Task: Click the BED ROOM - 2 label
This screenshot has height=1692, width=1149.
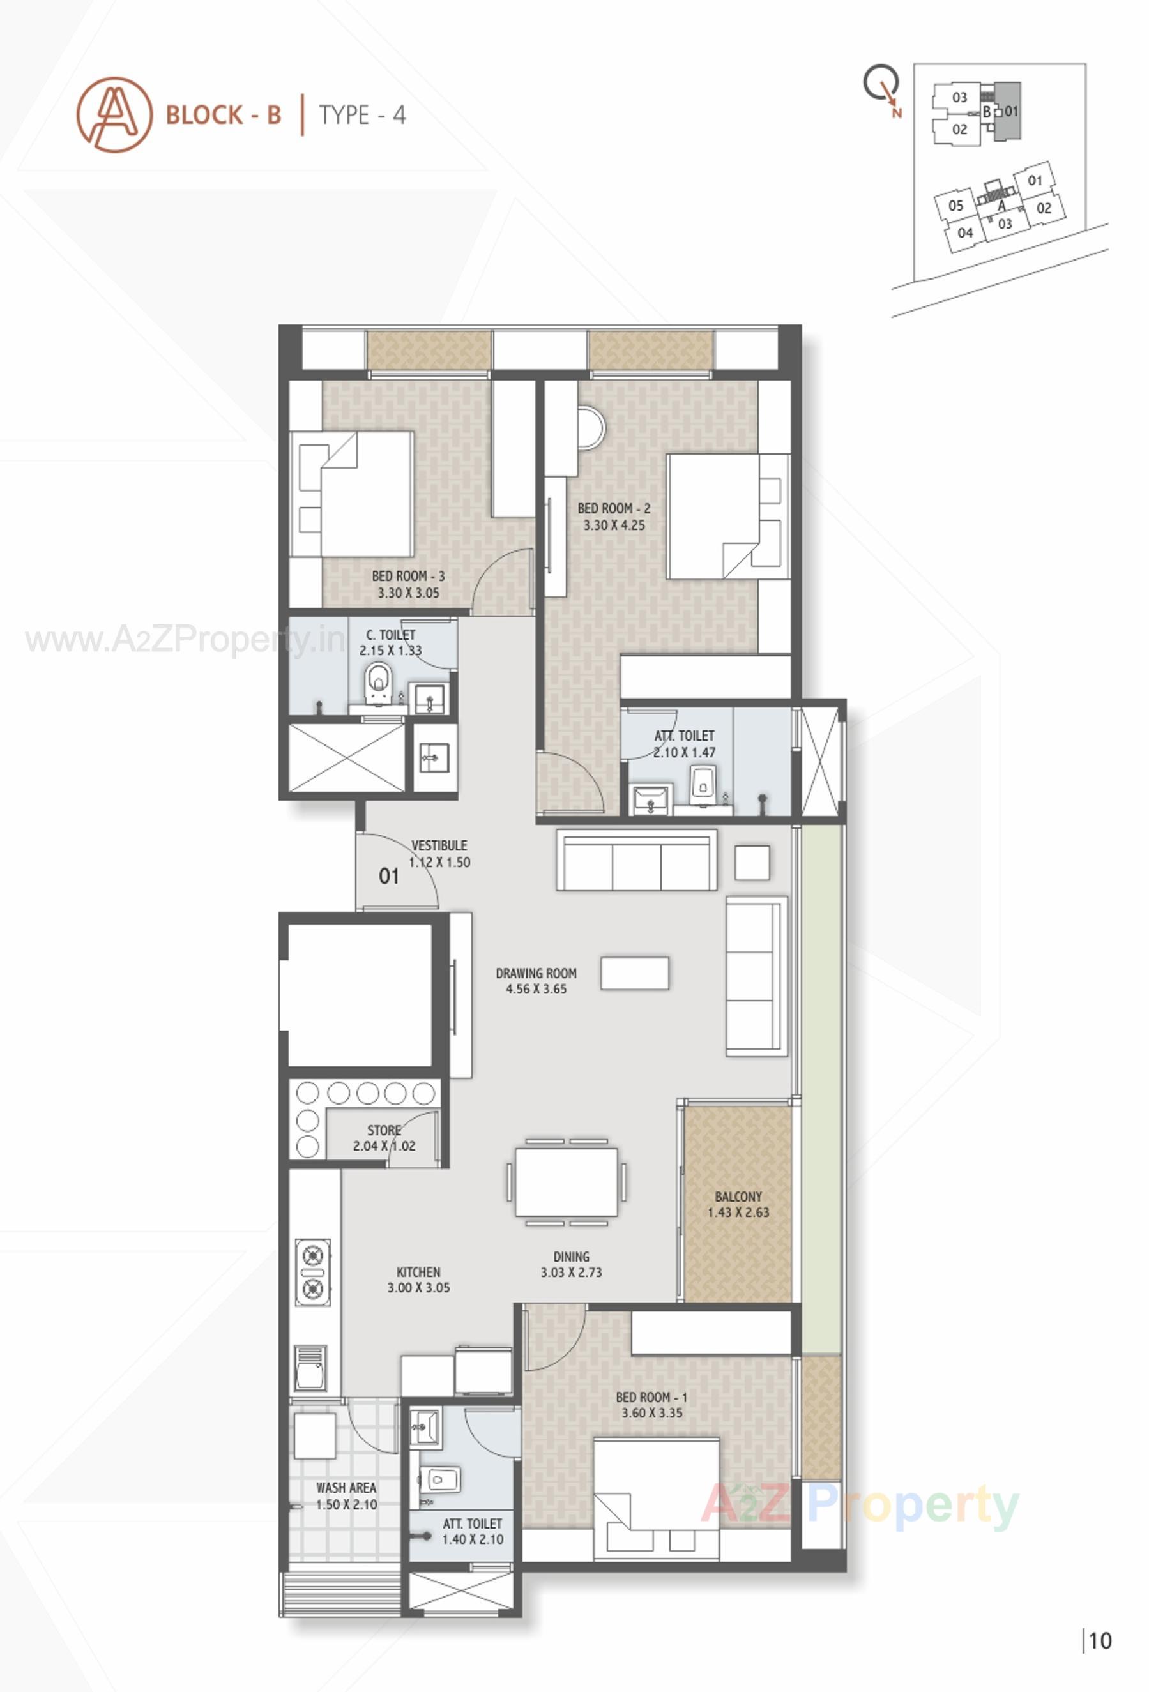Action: pyautogui.click(x=613, y=508)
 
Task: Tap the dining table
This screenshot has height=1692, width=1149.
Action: pyautogui.click(x=567, y=1182)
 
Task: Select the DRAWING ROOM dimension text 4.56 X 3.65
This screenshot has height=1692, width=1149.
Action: pyautogui.click(x=536, y=988)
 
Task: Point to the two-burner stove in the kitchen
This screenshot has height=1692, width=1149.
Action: pyautogui.click(x=313, y=1272)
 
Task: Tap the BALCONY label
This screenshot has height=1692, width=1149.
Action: pyautogui.click(x=738, y=1196)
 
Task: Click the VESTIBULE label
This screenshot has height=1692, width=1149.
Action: pyautogui.click(x=439, y=845)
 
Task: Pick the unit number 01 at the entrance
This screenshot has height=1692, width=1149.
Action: pyautogui.click(x=389, y=876)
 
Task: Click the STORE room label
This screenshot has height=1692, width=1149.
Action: pyautogui.click(x=384, y=1130)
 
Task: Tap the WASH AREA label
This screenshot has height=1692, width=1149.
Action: pyautogui.click(x=346, y=1488)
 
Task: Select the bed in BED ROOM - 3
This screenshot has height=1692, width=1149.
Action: pyautogui.click(x=353, y=494)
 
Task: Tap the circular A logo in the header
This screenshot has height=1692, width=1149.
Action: pyautogui.click(x=114, y=115)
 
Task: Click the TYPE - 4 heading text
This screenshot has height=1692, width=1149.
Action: pyautogui.click(x=362, y=115)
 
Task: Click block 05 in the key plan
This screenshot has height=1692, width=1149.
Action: pyautogui.click(x=955, y=206)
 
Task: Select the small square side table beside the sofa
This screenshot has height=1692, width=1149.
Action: pyautogui.click(x=752, y=863)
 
